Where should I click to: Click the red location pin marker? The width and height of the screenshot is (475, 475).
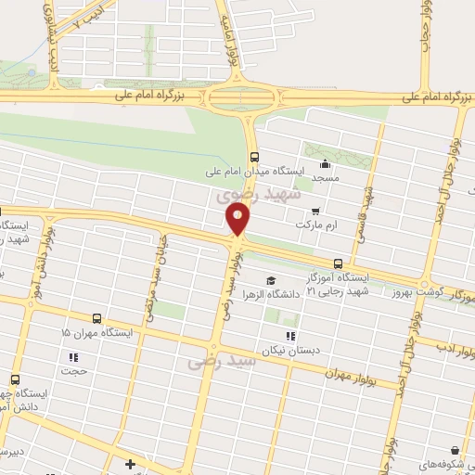tap(237, 220)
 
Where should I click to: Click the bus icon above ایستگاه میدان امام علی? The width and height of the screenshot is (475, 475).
tap(254, 157)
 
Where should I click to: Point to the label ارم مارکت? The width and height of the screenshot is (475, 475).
tap(314, 225)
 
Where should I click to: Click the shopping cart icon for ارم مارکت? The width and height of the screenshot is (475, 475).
tap(316, 212)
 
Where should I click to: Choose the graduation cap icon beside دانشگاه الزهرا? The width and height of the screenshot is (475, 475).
tap(270, 281)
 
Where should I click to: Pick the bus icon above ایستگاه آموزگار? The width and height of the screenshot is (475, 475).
tap(338, 263)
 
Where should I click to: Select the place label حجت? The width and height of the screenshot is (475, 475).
tap(73, 371)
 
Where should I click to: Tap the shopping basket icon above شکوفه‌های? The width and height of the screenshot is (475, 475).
tap(455, 448)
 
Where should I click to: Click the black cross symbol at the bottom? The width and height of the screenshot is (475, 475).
tap(131, 464)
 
